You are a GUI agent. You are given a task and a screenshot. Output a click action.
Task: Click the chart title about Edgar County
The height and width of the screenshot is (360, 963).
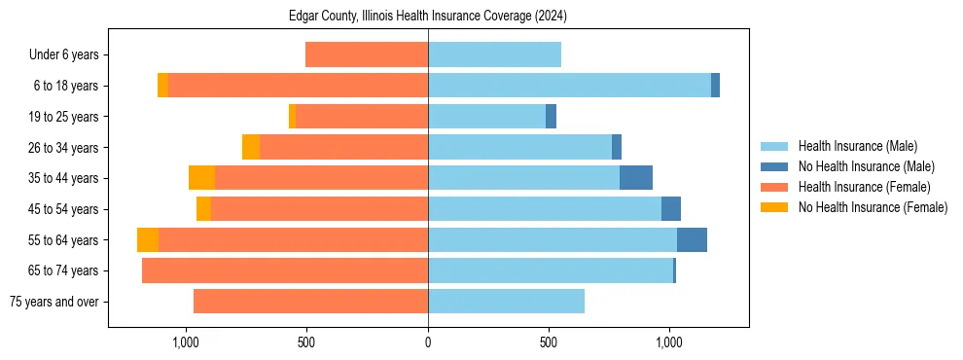tap(428, 17)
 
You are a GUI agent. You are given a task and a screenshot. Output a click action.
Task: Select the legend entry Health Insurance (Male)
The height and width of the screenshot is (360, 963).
tap(857, 146)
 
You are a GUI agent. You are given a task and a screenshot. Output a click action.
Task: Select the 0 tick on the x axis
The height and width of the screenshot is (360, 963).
tap(428, 342)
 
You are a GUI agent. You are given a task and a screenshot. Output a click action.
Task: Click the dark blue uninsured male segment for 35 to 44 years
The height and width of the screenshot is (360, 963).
tap(636, 178)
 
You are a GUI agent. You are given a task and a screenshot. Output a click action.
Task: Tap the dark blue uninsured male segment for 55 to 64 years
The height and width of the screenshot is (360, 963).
tap(692, 239)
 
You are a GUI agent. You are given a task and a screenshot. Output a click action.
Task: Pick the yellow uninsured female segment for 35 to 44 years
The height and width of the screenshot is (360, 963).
tap(201, 178)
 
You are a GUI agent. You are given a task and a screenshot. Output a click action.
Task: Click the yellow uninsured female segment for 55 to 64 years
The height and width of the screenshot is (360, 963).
tap(148, 239)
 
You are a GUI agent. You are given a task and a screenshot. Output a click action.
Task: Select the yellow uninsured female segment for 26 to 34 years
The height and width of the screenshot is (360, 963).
tap(251, 147)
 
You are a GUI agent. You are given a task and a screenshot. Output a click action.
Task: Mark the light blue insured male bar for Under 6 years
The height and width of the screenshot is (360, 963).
tap(494, 54)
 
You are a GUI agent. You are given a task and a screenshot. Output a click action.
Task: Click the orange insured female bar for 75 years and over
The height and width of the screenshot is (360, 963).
tap(310, 302)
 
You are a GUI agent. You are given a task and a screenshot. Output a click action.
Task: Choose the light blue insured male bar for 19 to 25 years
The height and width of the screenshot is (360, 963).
tap(486, 117)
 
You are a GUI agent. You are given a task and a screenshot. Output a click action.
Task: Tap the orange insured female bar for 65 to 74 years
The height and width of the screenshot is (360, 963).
tap(285, 270)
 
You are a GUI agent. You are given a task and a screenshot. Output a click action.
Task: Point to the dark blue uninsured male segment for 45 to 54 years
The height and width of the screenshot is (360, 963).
tap(671, 209)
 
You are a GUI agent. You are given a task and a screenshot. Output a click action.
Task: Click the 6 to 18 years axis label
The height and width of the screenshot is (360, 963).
tap(65, 86)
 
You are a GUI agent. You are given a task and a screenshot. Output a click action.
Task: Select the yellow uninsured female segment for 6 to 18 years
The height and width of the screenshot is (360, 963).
tap(162, 86)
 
